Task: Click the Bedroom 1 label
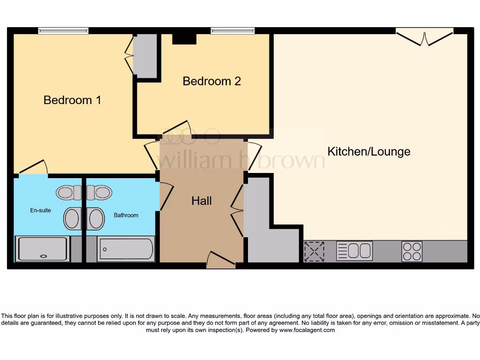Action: [72, 100]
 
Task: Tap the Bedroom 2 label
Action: [211, 81]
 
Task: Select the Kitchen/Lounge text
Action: [368, 151]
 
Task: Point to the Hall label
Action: [202, 201]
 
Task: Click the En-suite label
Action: [40, 210]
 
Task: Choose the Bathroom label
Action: [126, 215]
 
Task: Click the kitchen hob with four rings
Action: [412, 251]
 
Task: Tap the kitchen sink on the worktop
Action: [354, 251]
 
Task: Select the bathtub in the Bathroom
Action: [126, 249]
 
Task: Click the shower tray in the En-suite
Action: [43, 249]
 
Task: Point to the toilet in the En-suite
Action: [68, 192]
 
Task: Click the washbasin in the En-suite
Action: [73, 219]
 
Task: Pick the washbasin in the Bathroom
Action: [96, 219]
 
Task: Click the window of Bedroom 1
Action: [63, 31]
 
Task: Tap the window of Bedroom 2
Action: [233, 31]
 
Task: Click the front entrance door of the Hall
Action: [221, 260]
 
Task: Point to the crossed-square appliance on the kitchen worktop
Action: [315, 251]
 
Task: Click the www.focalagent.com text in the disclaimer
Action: [307, 330]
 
